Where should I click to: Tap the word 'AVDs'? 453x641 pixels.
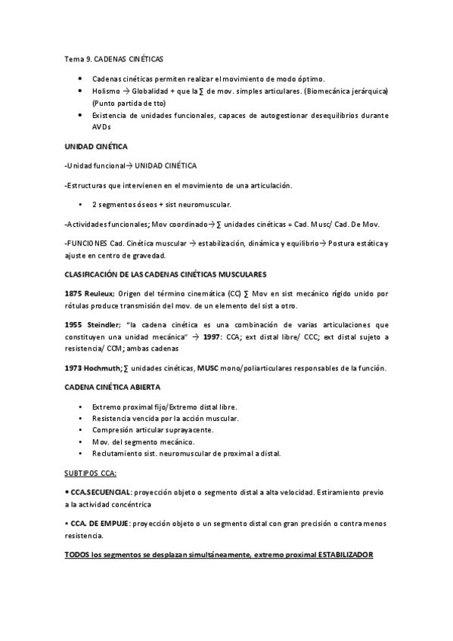[101, 128]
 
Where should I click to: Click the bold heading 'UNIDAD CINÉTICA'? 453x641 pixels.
[96, 146]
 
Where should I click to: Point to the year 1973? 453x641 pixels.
[75, 368]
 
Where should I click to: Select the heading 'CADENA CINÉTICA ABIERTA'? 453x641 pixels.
[113, 387]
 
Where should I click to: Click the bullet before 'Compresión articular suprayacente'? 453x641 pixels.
[80, 429]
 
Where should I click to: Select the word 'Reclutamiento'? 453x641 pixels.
[116, 454]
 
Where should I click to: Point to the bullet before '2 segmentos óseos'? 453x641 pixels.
[80, 204]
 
